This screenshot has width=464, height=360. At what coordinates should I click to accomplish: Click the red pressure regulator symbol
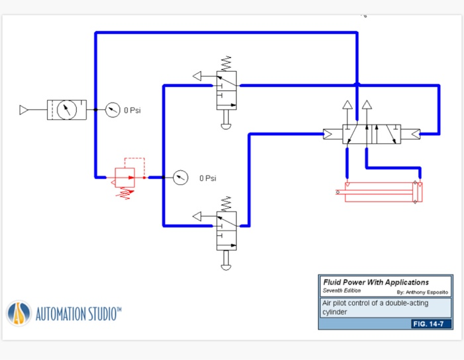(124, 178)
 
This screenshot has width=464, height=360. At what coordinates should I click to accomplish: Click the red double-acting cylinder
(379, 192)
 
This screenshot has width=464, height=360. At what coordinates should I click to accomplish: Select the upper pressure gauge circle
(112, 110)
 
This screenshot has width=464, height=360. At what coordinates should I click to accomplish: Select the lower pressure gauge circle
(180, 178)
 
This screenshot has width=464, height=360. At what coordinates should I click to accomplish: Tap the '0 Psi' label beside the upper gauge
(133, 110)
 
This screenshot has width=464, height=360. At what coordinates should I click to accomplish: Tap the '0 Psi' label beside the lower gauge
(207, 178)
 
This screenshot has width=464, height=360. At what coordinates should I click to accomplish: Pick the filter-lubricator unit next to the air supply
(66, 109)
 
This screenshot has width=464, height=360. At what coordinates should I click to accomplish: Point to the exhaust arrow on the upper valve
(198, 76)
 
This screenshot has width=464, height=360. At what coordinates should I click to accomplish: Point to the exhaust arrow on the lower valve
(198, 216)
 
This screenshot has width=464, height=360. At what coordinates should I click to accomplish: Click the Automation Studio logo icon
(19, 313)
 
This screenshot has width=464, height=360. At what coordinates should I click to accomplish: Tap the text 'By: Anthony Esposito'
(422, 292)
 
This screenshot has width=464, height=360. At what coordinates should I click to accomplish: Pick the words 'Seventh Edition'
(343, 290)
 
